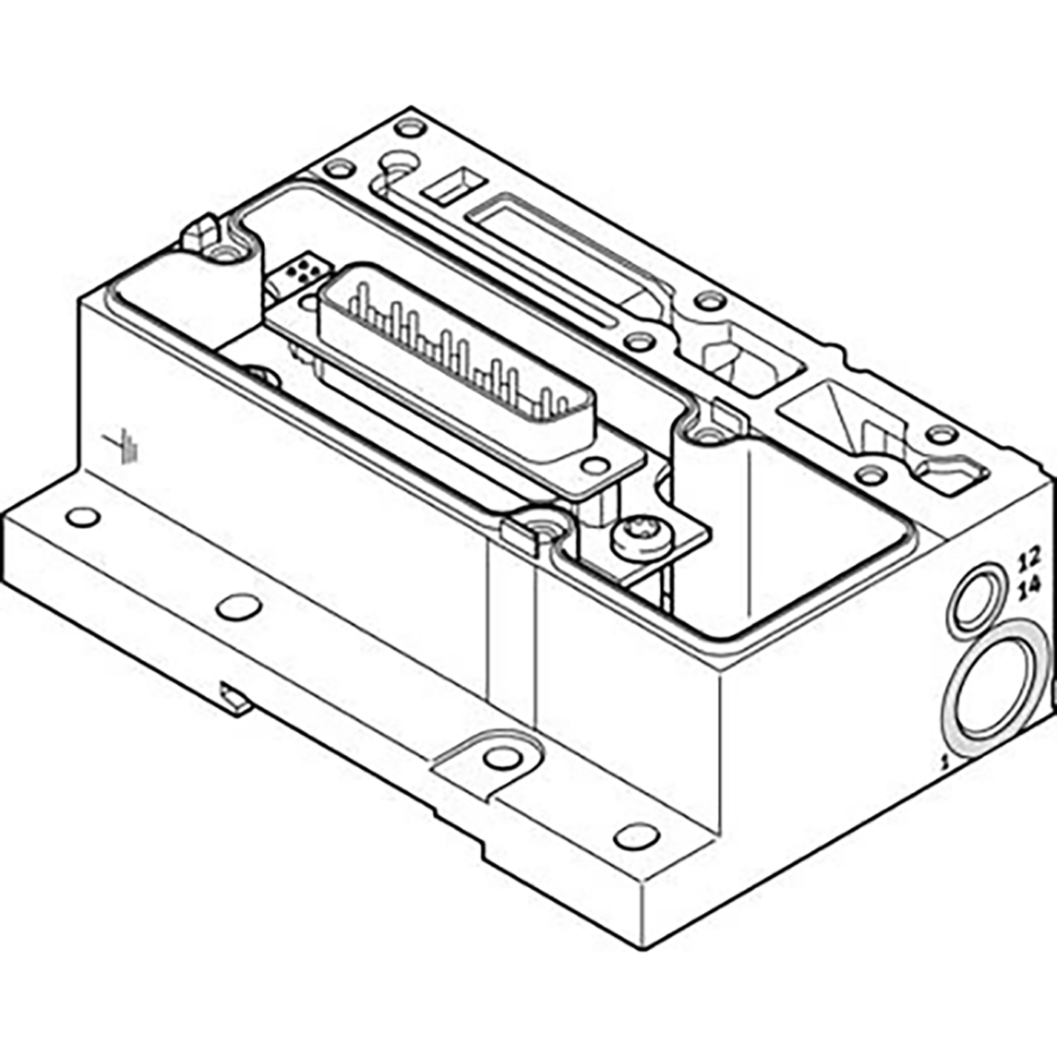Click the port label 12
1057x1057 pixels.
pyautogui.click(x=1030, y=556)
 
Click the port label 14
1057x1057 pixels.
pyautogui.click(x=1030, y=589)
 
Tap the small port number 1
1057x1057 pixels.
pyautogui.click(x=944, y=760)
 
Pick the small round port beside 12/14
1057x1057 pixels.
pyautogui.click(x=975, y=600)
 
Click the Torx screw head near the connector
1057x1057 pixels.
pyautogui.click(x=641, y=536)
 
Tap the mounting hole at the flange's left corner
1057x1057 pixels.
pyautogui.click(x=82, y=517)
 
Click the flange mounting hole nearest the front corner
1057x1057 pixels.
pyautogui.click(x=637, y=837)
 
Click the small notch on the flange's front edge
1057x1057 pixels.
pyautogui.click(x=236, y=700)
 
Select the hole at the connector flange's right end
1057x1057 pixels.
pyautogui.click(x=595, y=466)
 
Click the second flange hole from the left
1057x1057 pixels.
pyautogui.click(x=239, y=607)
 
